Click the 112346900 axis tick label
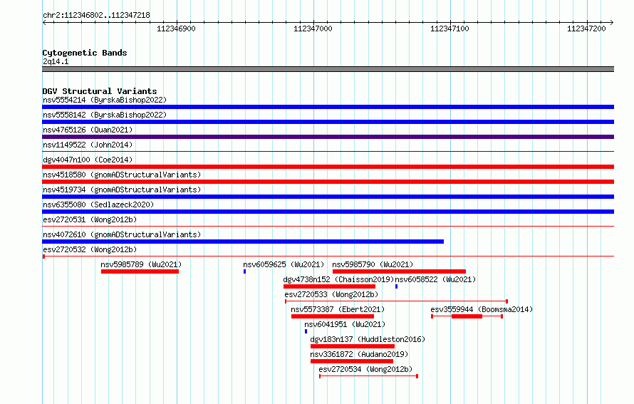coord(176,29)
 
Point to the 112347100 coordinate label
coord(449,29)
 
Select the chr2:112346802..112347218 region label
coord(96,16)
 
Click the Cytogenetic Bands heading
coord(85,53)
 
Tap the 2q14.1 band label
coord(56,61)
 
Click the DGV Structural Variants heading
coord(100,91)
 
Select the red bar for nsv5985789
coord(140,271)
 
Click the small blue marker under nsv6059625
coord(244,271)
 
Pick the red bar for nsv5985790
coord(399,271)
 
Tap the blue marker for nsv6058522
coord(396,286)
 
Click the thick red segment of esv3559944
coord(467,316)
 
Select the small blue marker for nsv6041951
coord(306,331)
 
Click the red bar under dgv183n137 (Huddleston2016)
coord(352,346)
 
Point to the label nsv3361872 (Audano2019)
coord(359,354)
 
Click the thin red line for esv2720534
coord(368,376)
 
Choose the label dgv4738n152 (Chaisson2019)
coord(338,279)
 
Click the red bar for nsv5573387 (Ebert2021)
coord(333,316)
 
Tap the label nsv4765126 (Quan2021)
coord(88,130)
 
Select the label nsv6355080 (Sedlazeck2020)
coord(98,204)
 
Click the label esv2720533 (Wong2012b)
coord(331,294)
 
